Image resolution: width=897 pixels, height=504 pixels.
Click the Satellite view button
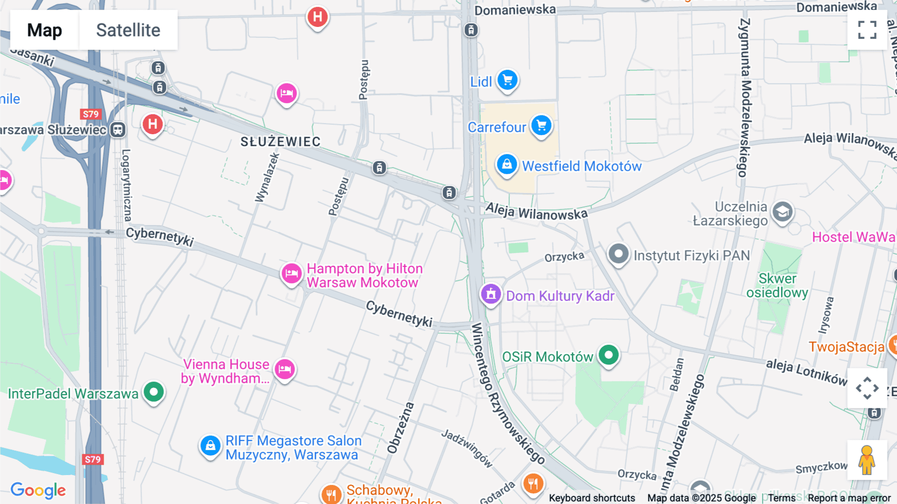128,30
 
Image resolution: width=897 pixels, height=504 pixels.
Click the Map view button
44,30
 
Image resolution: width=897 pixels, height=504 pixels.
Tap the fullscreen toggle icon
867,30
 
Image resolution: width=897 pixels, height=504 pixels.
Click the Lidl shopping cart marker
507,80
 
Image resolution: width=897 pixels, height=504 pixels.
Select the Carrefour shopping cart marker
541,125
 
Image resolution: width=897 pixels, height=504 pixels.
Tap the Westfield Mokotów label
582,166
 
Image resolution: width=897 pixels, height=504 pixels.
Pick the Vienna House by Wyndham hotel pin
285,370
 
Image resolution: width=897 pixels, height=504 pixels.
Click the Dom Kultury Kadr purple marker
490,294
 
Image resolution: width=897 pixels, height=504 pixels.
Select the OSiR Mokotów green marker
608,355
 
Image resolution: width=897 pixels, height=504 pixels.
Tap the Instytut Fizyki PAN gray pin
618,254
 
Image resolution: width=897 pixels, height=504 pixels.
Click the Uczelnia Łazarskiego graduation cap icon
782,212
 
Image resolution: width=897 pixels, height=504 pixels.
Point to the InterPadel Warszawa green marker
153,392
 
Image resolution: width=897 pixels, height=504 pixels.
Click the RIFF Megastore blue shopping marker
210,446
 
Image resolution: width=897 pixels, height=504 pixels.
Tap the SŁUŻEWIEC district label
281,142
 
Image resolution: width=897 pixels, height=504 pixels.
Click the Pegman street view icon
867,460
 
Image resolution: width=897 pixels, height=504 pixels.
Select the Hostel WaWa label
853,237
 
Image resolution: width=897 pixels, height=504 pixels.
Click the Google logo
38,491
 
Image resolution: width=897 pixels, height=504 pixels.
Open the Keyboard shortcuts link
592,498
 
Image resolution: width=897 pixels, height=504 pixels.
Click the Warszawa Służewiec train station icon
118,130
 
